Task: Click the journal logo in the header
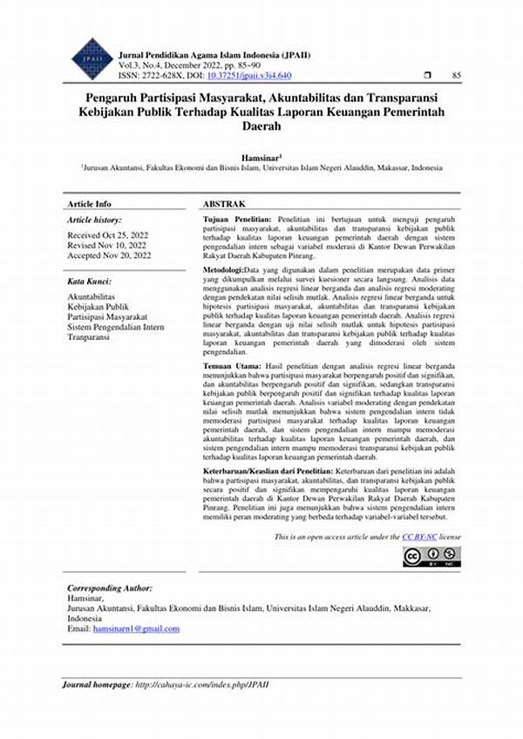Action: [x=92, y=58]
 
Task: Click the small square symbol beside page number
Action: [x=426, y=77]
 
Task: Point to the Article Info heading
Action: [x=90, y=203]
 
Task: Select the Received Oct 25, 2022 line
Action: [x=108, y=235]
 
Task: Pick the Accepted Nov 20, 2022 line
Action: [x=110, y=255]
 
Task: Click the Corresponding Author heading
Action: [x=110, y=588]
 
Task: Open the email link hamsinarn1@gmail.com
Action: [x=136, y=628]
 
